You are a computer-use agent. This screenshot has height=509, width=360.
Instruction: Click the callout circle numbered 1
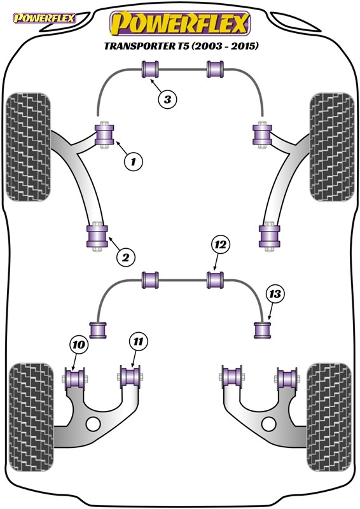pyautogui.click(x=133, y=162)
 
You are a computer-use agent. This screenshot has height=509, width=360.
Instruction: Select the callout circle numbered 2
pyautogui.click(x=125, y=257)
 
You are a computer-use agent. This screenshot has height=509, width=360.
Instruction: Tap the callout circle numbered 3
pyautogui.click(x=167, y=99)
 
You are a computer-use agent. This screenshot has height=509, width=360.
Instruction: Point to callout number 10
pyautogui.click(x=78, y=345)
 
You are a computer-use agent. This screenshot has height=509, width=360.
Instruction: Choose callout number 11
pyautogui.click(x=139, y=342)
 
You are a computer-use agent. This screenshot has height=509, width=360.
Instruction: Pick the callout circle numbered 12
pyautogui.click(x=219, y=244)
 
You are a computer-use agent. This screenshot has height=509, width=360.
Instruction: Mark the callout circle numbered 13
pyautogui.click(x=274, y=294)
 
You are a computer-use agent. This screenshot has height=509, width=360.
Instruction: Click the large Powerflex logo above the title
pyautogui.click(x=179, y=24)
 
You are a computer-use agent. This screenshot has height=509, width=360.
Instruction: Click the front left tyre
pyautogui.click(x=27, y=147)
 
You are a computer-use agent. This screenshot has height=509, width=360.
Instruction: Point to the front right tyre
pyautogui.click(x=329, y=147)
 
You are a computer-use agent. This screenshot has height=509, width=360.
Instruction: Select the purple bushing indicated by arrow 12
pyautogui.click(x=216, y=279)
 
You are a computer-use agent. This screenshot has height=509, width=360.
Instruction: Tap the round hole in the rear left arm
pyautogui.click(x=93, y=424)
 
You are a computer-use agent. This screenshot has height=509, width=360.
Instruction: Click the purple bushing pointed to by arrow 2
pyautogui.click(x=97, y=237)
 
